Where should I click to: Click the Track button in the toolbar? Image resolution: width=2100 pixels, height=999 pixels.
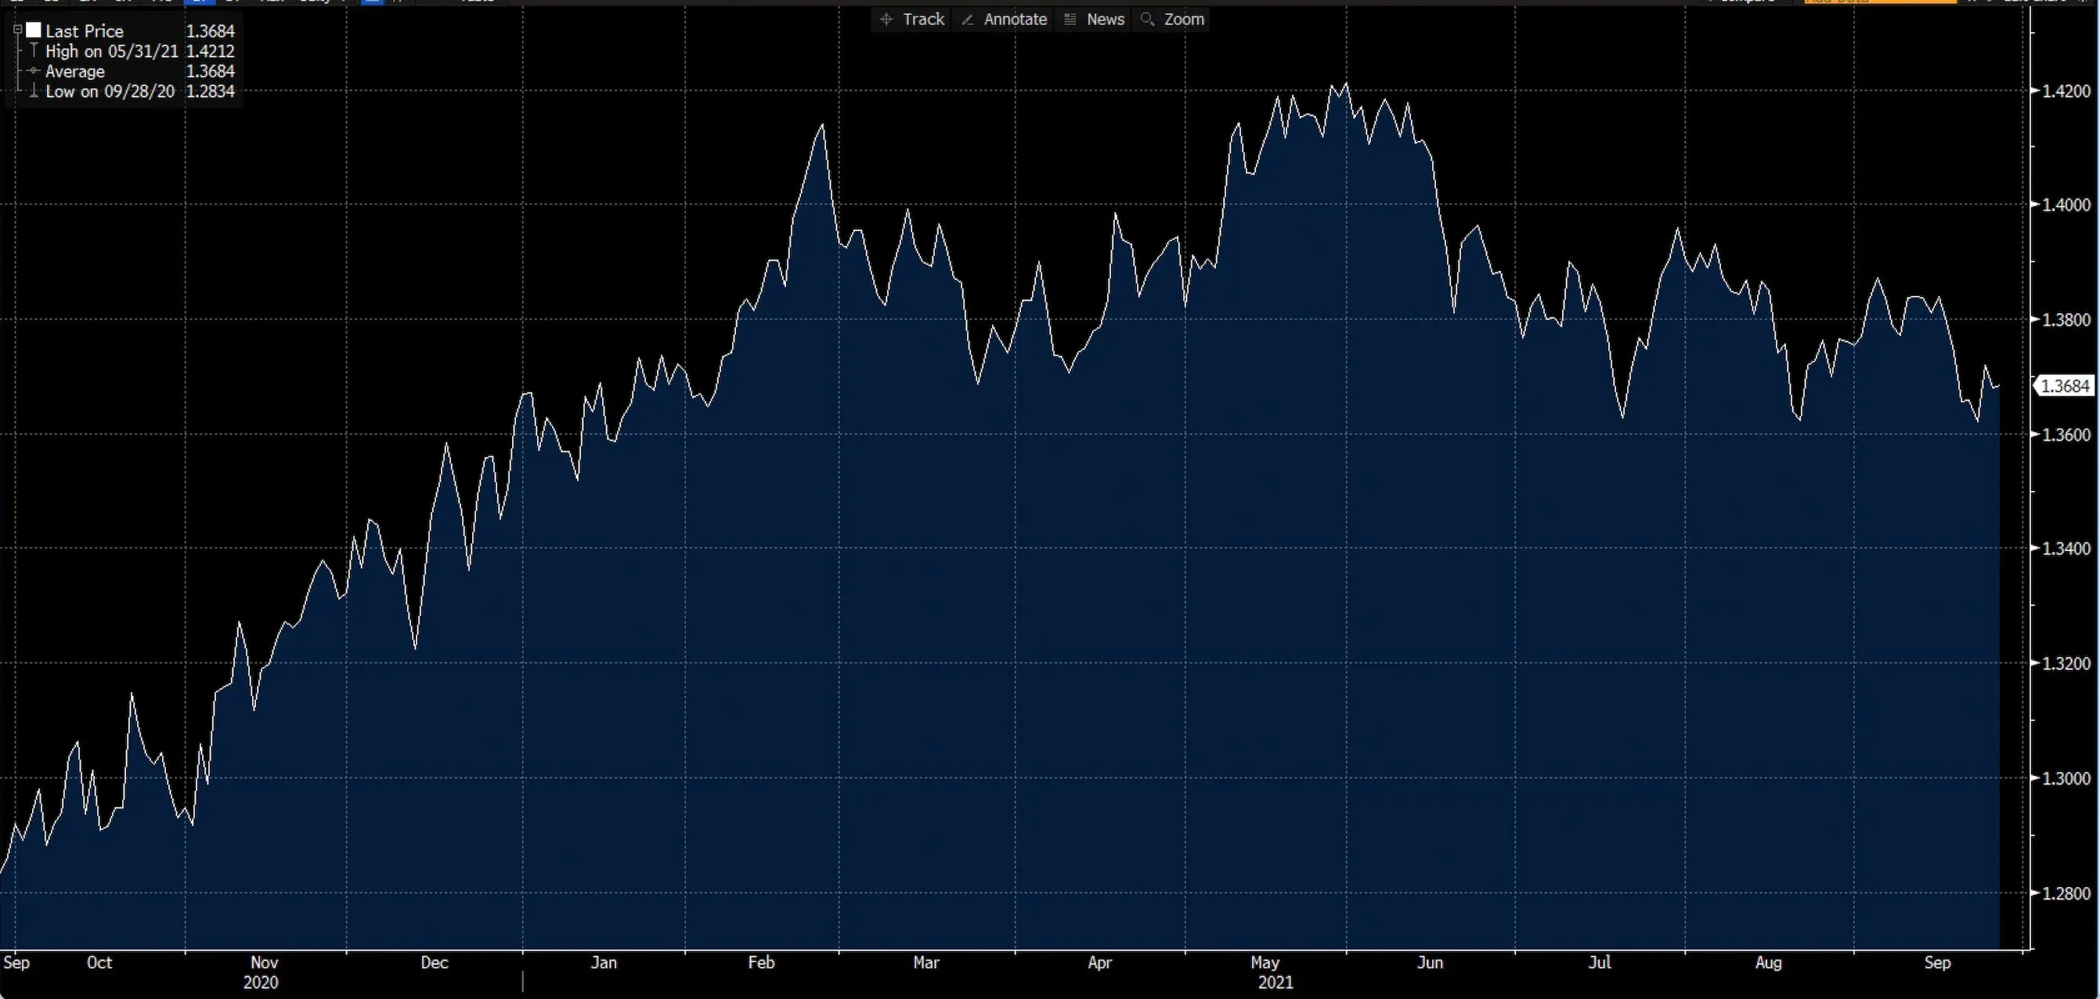(913, 19)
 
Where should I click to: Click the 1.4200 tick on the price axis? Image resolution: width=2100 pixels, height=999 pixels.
(2066, 91)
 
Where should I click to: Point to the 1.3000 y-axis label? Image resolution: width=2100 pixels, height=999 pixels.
(2066, 778)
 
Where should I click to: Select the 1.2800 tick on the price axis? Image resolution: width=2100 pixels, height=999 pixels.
(2066, 893)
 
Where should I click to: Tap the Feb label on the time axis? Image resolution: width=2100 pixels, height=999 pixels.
(761, 962)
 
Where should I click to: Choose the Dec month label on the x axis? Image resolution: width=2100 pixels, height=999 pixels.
(435, 962)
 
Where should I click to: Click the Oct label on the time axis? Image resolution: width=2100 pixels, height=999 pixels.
(99, 962)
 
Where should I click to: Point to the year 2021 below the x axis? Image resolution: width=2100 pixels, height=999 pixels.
(1275, 982)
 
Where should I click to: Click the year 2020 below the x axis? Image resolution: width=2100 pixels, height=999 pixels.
(261, 982)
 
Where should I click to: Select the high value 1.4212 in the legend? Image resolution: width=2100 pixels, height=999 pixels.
(211, 52)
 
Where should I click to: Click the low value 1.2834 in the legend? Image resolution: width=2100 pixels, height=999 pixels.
(211, 92)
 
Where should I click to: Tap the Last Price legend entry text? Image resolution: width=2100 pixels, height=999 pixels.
(85, 31)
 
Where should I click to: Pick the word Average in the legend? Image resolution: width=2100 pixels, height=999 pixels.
(75, 72)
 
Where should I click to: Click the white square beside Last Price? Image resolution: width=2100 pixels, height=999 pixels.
(34, 31)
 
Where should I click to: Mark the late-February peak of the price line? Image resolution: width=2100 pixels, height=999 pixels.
(821, 124)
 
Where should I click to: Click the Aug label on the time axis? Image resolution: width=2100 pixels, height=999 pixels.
(1768, 962)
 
